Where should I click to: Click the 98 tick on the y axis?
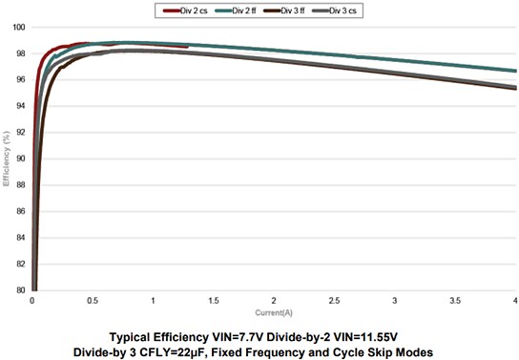[20, 53]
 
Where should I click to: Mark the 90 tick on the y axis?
[20, 159]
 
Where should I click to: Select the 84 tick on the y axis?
[20, 238]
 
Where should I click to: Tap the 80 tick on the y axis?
[20, 290]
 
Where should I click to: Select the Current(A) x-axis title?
[274, 312]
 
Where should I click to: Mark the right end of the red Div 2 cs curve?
[188, 46]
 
